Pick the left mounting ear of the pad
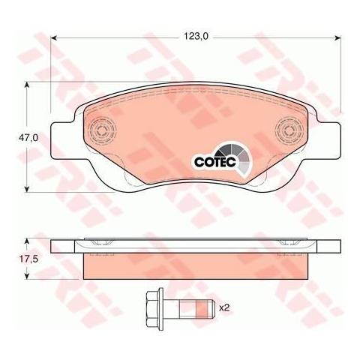[61, 139]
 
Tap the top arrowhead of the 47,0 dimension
[29, 86]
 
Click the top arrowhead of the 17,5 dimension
[29, 242]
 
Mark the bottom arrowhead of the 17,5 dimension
[29, 276]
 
